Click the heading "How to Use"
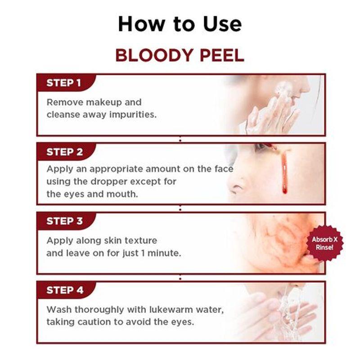pos(180,24)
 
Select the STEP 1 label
pos(64,83)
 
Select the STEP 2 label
pos(65,152)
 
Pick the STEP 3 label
pos(65,221)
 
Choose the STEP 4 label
pos(65,290)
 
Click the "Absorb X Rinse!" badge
pos(324,243)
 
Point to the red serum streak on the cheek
pos(284,173)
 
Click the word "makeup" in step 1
pos(100,102)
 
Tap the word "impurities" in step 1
pos(134,114)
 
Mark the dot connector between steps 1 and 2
pos(180,140)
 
